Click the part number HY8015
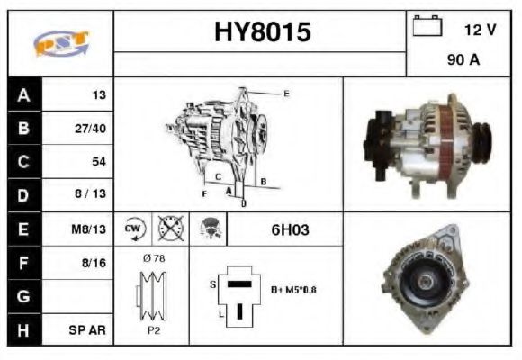tap(262, 32)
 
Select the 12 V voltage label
tap(480, 30)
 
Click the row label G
tap(22, 297)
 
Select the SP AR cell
tap(89, 330)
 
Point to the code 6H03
tap(290, 229)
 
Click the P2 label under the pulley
tap(152, 330)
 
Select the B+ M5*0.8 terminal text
tap(292, 289)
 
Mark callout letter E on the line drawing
tap(286, 93)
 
